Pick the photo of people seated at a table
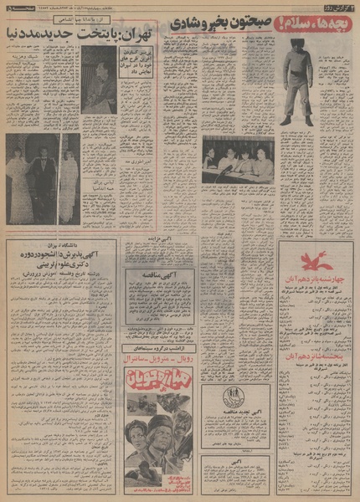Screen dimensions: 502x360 pos(238,160)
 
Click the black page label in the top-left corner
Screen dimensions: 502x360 pos(16,8)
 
